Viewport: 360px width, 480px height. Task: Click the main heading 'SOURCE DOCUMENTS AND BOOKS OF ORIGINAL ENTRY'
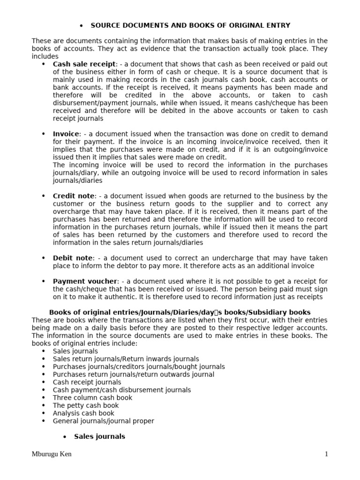point(190,25)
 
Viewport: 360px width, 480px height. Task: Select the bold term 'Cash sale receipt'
point(84,64)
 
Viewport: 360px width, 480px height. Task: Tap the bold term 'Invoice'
point(66,134)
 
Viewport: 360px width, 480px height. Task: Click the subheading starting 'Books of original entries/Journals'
point(180,312)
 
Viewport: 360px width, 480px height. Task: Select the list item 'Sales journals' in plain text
point(75,351)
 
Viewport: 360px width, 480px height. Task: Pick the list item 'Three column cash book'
point(92,397)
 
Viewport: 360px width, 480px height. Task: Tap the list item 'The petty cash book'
point(86,405)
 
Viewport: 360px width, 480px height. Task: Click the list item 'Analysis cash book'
point(83,413)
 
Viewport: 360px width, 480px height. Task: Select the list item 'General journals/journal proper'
point(103,421)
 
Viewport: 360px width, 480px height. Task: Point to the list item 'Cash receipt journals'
point(87,382)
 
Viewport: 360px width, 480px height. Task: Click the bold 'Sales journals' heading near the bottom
point(99,436)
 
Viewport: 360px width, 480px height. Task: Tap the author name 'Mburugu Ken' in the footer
point(52,454)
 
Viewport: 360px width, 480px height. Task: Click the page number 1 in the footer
point(326,454)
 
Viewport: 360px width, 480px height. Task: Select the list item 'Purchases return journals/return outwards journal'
point(133,375)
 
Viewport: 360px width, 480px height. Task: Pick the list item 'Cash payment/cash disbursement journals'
point(122,390)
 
